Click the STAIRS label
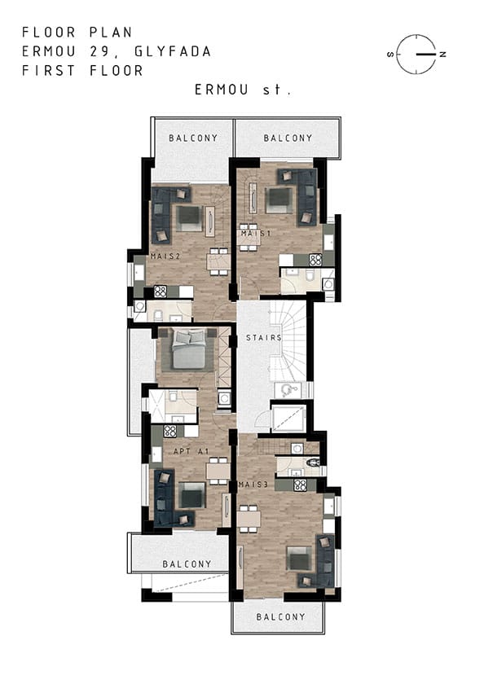[x=264, y=338]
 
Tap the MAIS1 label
[x=256, y=234]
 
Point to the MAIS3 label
[x=253, y=484]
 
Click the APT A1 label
[x=191, y=451]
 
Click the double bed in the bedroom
[x=189, y=349]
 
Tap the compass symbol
[x=417, y=54]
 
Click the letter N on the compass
[x=443, y=55]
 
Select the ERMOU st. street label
[x=243, y=90]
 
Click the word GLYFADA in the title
[x=173, y=51]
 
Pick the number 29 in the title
[x=101, y=51]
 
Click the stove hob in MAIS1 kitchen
[x=315, y=260]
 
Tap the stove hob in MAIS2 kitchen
[x=161, y=292]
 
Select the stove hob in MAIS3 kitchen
[x=300, y=485]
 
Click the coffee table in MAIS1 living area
[x=279, y=200]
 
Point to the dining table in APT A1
[x=218, y=471]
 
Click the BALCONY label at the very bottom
[x=280, y=617]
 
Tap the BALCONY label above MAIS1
[x=288, y=138]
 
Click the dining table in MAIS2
[x=218, y=261]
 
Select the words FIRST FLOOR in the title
[x=82, y=71]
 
